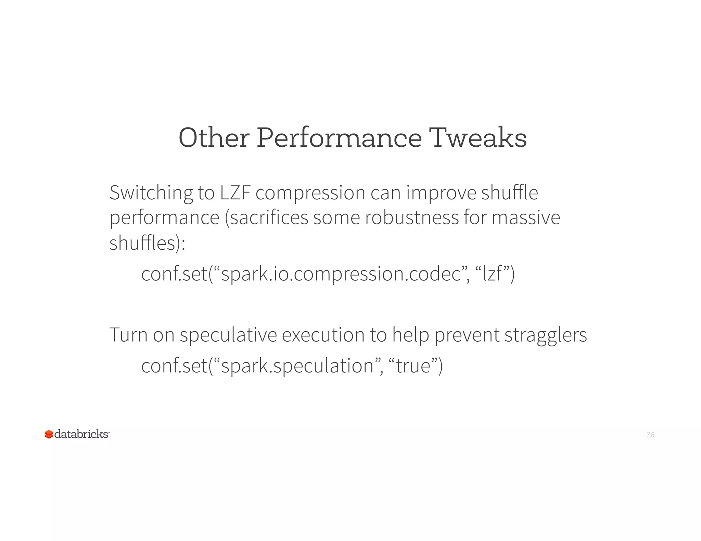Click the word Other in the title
tap(214, 138)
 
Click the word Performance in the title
tap(339, 138)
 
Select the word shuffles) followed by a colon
tap(147, 243)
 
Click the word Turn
tap(128, 335)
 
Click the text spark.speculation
tap(297, 366)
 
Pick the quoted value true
tap(413, 366)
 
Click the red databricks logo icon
tap(49, 434)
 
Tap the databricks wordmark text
tap(81, 434)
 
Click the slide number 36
tap(650, 435)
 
